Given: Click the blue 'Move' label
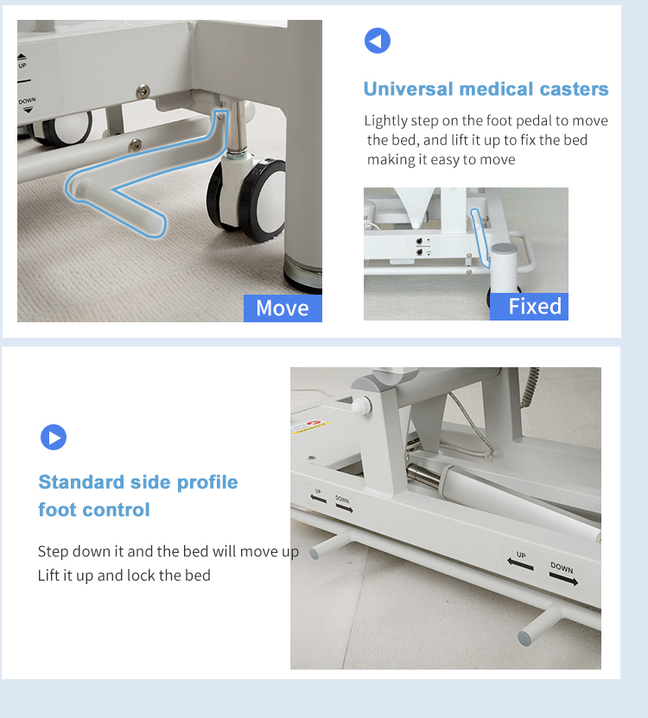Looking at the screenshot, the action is click(x=283, y=308).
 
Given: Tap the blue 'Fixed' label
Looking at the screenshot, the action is click(x=529, y=307).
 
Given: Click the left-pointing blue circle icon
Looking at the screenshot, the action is click(x=378, y=41).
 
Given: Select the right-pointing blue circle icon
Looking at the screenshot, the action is click(x=54, y=437).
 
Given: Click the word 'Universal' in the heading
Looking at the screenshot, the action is click(x=408, y=89).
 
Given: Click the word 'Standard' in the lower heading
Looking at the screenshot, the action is click(x=81, y=482).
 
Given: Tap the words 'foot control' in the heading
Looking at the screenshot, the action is click(x=94, y=510).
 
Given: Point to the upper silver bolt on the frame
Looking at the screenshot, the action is click(x=143, y=91).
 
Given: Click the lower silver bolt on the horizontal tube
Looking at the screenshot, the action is click(x=135, y=144).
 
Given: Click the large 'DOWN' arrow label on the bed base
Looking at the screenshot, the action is click(x=562, y=574).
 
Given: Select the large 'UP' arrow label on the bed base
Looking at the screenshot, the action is click(x=520, y=561).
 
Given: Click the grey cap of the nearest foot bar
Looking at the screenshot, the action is click(x=524, y=639).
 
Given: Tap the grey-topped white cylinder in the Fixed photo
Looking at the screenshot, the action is click(x=504, y=269).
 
